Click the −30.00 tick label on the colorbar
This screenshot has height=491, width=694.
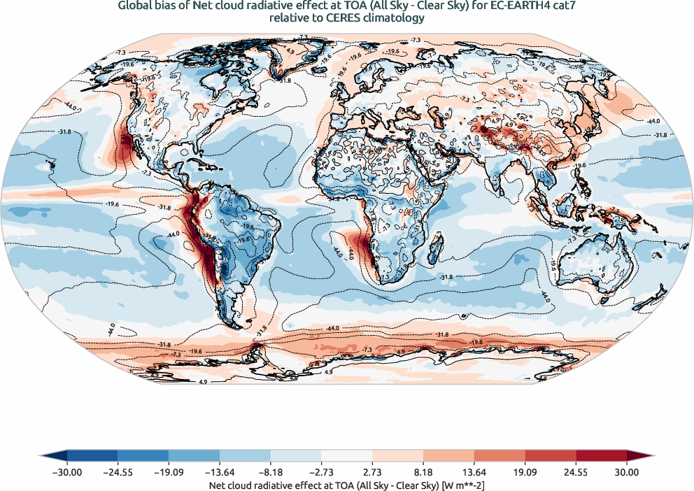[67, 472]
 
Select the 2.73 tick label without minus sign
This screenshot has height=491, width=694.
[372, 472]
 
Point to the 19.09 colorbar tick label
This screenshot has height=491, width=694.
[525, 472]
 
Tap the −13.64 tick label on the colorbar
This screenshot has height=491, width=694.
[220, 472]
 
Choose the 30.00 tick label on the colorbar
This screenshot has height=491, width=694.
[627, 472]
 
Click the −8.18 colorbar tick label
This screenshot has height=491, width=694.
[271, 472]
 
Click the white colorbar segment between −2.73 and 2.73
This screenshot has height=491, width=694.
[347, 457]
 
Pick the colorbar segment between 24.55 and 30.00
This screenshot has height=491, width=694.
[602, 457]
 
